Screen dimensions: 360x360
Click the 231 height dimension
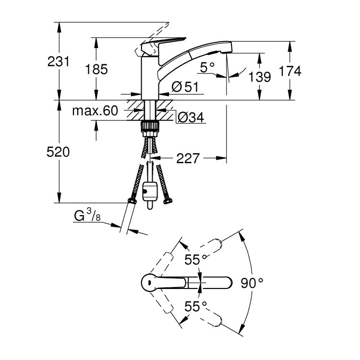[59, 61]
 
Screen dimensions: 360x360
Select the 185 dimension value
[96, 69]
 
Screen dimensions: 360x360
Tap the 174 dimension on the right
[290, 71]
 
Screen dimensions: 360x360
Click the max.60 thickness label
[95, 111]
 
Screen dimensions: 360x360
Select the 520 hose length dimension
[59, 152]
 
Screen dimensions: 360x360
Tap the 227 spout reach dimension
[188, 158]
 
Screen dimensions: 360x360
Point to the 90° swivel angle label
[252, 282]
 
